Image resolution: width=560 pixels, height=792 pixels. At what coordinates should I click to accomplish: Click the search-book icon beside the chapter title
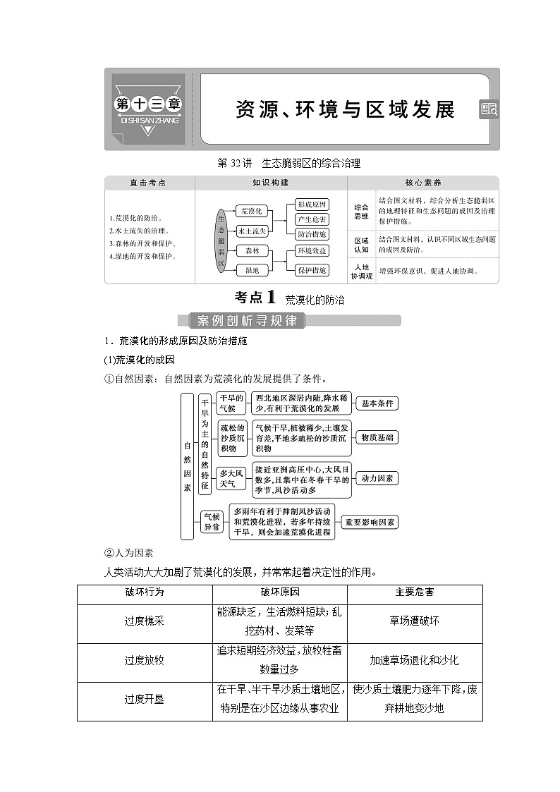(489, 109)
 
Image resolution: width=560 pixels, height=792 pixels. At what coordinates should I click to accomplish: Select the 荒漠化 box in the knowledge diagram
(252, 211)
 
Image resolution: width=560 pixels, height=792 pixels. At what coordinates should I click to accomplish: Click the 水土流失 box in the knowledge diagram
(252, 231)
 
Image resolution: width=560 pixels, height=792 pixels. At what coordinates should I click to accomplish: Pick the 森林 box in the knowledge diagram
(252, 251)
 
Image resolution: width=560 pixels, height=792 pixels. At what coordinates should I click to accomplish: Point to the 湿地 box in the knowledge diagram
(252, 270)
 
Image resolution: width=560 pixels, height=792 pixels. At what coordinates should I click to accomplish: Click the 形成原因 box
(311, 205)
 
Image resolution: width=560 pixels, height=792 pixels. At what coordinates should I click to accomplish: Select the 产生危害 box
(311, 219)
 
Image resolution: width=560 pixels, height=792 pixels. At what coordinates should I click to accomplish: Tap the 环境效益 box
(311, 251)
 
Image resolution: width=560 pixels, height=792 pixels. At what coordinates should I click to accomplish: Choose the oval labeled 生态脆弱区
(221, 240)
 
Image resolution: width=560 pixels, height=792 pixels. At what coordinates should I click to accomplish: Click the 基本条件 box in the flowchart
(377, 403)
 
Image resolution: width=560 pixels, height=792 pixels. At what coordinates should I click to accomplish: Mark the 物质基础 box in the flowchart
(377, 437)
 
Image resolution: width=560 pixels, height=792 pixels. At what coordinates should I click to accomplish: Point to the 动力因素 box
(377, 478)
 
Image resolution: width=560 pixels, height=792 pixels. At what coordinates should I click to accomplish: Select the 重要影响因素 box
(370, 523)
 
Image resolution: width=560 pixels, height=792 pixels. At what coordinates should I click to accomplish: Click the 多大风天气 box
(231, 478)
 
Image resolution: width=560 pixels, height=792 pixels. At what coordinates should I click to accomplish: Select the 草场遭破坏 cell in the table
(414, 621)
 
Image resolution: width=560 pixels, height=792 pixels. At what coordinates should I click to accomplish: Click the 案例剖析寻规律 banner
(247, 321)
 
